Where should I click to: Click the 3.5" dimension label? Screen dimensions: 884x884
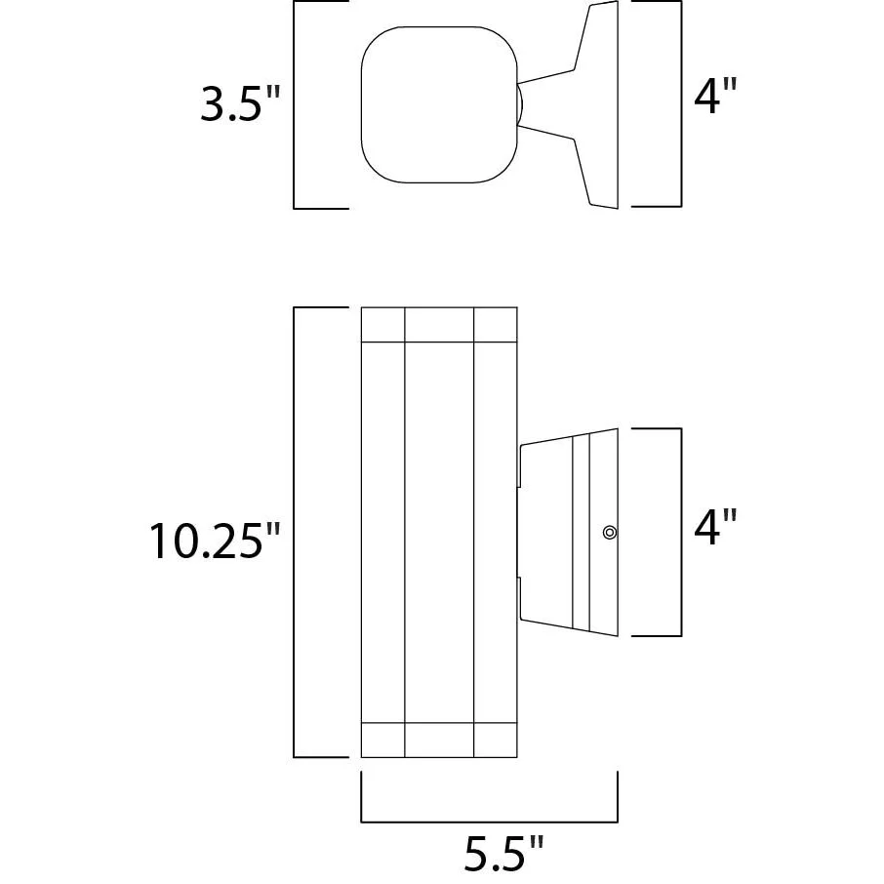pos(240,103)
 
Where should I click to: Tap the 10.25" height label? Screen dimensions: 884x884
pos(215,541)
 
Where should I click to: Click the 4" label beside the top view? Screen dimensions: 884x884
pos(715,96)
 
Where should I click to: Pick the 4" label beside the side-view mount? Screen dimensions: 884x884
pos(715,527)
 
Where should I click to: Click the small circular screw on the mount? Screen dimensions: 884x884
pos(610,532)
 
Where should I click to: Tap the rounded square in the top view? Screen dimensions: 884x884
pos(439,104)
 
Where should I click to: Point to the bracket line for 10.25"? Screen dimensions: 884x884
pos(294,532)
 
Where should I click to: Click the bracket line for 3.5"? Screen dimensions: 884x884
pos(294,104)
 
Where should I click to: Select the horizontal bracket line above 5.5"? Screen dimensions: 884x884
pos(490,822)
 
